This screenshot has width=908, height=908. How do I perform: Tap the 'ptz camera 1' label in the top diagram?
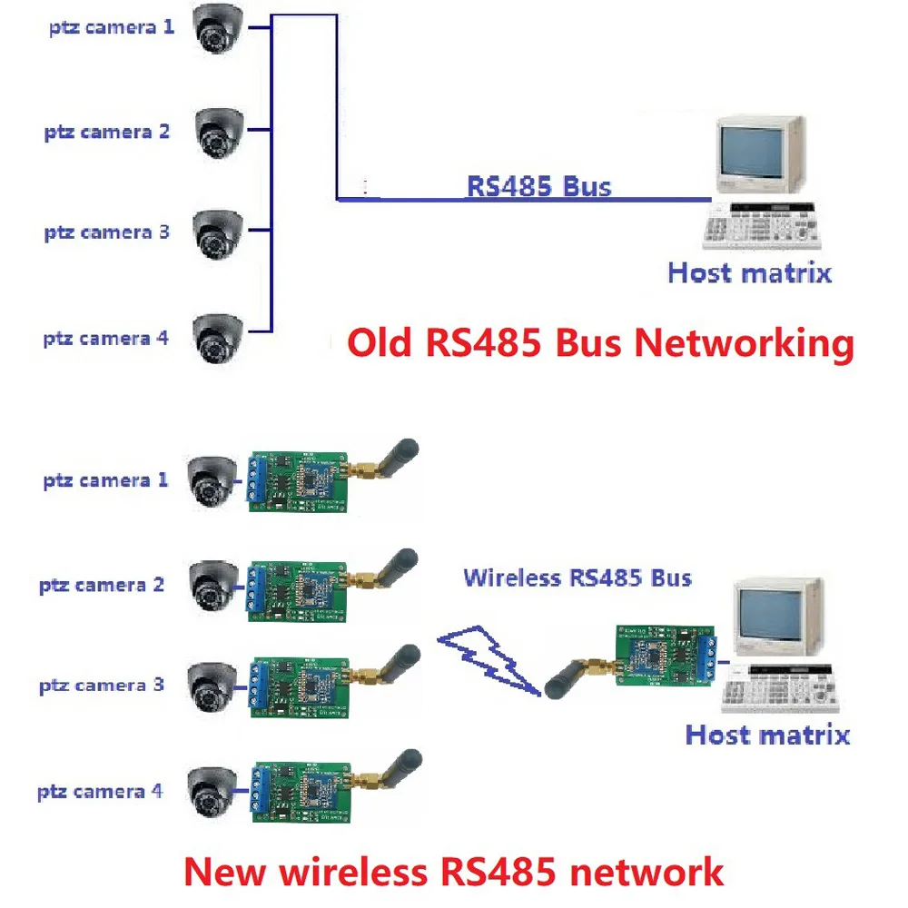(111, 27)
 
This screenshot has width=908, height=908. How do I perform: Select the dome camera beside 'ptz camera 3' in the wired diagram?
(218, 233)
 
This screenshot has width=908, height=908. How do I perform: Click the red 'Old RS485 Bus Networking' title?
(601, 344)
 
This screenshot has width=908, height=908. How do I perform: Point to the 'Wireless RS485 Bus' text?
(577, 577)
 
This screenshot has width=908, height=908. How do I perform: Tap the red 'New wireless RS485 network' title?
(453, 872)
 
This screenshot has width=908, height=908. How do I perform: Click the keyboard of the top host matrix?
(761, 227)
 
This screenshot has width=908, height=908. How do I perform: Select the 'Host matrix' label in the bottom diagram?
(767, 735)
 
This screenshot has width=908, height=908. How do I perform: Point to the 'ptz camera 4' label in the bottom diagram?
(100, 792)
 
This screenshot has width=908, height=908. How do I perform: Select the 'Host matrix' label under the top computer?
(749, 272)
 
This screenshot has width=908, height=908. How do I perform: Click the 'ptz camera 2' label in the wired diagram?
(107, 133)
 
